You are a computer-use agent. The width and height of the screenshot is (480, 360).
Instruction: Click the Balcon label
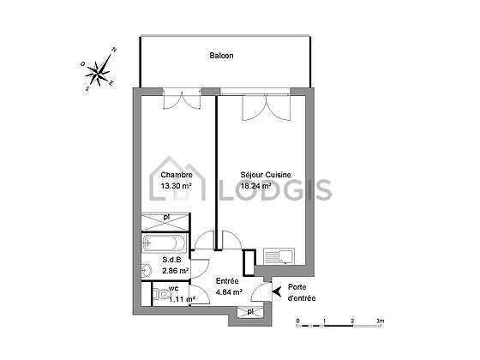pos(221,56)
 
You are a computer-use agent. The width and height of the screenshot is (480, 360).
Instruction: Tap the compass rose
pos(98,70)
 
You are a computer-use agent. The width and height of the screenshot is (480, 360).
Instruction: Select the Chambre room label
pos(177,175)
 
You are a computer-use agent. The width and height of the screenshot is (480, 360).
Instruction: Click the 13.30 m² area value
pos(177,185)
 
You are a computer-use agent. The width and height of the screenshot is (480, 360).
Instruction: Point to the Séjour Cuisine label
pos(266,175)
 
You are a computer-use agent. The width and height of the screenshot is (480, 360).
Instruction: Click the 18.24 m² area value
pos(256,185)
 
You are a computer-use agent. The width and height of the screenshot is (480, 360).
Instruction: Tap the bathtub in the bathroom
pos(164,243)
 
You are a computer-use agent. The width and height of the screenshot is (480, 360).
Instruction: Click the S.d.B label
pos(171,260)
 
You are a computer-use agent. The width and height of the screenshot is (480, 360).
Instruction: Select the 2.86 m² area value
pos(176,271)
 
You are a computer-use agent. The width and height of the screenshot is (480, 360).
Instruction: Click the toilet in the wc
pos(163,295)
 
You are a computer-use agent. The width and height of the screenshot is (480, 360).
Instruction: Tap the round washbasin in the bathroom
pos(147,270)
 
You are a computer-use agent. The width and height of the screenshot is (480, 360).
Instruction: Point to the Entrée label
pos(227,281)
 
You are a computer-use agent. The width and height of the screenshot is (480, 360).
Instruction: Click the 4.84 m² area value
pos(230,292)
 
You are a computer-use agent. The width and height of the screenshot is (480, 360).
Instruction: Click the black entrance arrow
pos(277,291)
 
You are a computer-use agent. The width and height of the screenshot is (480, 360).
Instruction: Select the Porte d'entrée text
pos(302,292)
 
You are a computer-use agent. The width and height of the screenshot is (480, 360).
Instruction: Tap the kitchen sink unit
pos(279,256)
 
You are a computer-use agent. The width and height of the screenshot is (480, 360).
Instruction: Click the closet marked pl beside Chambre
pos(165,222)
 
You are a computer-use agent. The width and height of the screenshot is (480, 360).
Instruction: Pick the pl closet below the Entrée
pos(250,312)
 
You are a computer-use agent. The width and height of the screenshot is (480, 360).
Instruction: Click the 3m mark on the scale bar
pos(381,321)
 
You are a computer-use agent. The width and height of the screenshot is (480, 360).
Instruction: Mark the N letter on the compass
pos(114,50)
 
